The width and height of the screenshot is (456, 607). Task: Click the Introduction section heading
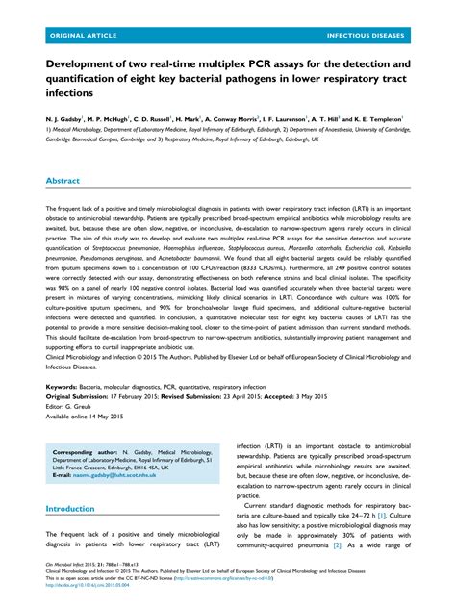(x=77, y=508)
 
